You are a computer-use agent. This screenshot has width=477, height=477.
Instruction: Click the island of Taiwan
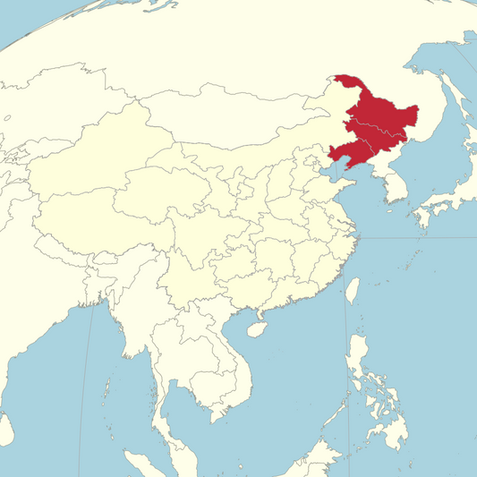(x=352, y=290)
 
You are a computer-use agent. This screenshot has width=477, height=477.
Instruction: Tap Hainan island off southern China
(x=255, y=330)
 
